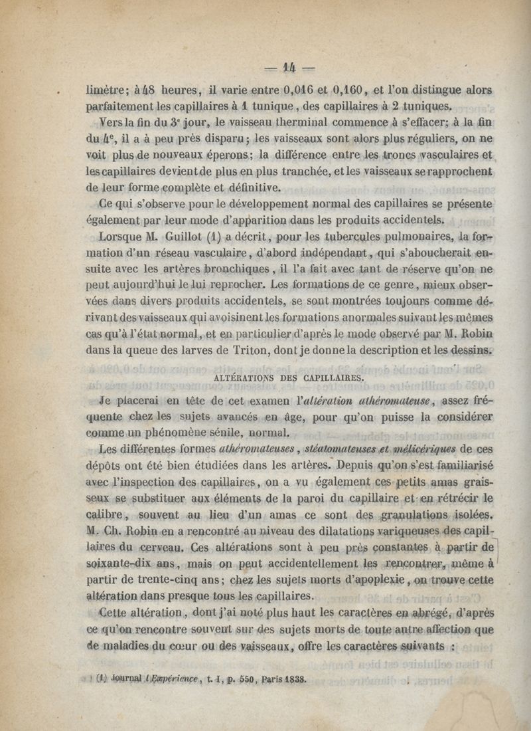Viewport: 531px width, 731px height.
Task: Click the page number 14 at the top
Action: click(289, 68)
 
